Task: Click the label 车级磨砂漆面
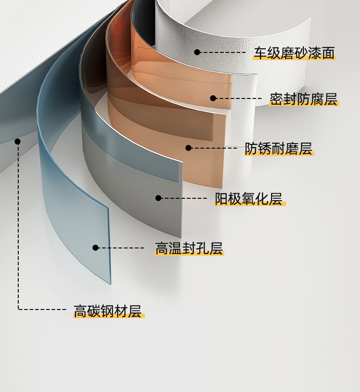tap(294, 53)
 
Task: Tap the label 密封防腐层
tap(303, 99)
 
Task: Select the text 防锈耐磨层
tap(279, 149)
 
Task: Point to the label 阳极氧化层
tap(249, 199)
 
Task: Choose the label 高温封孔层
tap(189, 248)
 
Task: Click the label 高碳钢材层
tap(108, 311)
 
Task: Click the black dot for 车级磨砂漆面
tap(197, 52)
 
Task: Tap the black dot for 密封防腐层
tap(213, 98)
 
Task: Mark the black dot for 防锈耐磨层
tap(189, 148)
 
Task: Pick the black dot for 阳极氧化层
tap(158, 198)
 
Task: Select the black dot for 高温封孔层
tap(96, 248)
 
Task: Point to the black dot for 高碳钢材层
tap(18, 141)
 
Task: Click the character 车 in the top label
tap(260, 53)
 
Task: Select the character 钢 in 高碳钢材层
tap(108, 311)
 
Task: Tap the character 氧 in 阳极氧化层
tap(249, 199)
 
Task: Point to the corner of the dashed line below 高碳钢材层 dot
tap(19, 309)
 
